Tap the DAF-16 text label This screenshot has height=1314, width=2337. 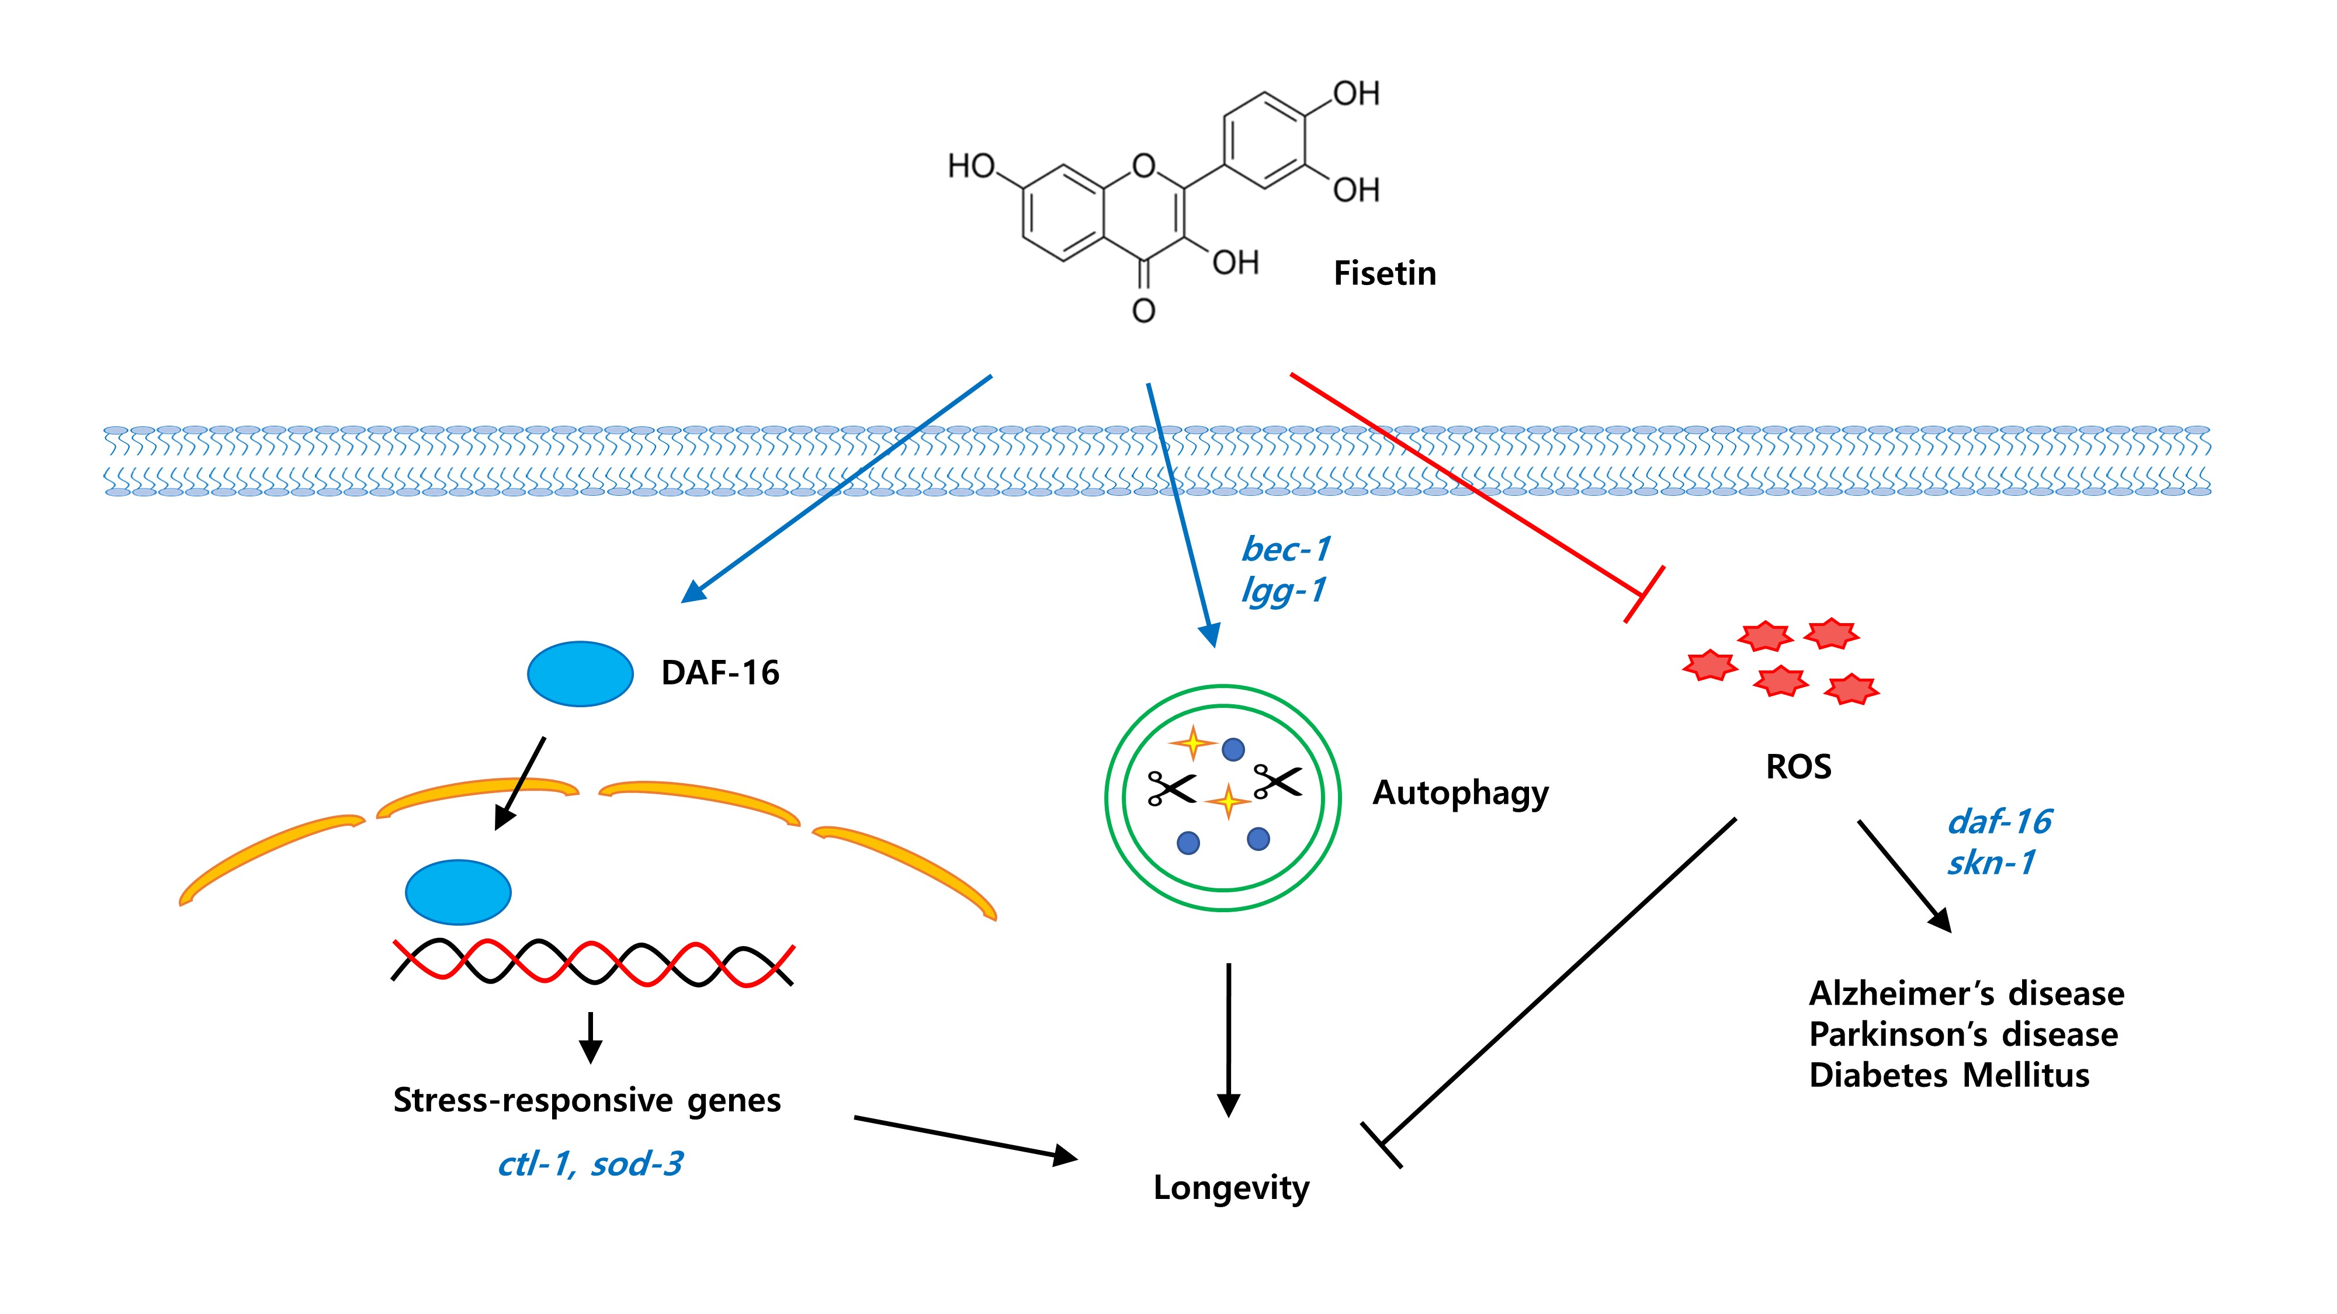tap(719, 673)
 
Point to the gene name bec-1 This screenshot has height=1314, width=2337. tap(1285, 548)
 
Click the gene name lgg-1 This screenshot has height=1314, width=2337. tap(1283, 590)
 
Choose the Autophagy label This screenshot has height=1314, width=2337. tap(1459, 792)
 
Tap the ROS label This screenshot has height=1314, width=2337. tap(1798, 767)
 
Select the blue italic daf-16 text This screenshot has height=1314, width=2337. tap(1999, 822)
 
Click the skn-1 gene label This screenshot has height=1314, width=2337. tap(1991, 863)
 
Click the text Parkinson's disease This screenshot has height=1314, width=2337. tap(1962, 1035)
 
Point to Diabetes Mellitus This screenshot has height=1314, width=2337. tap(1948, 1076)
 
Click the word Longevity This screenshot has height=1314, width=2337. tap(1231, 1187)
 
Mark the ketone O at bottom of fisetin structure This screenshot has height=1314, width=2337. tap(1143, 311)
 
